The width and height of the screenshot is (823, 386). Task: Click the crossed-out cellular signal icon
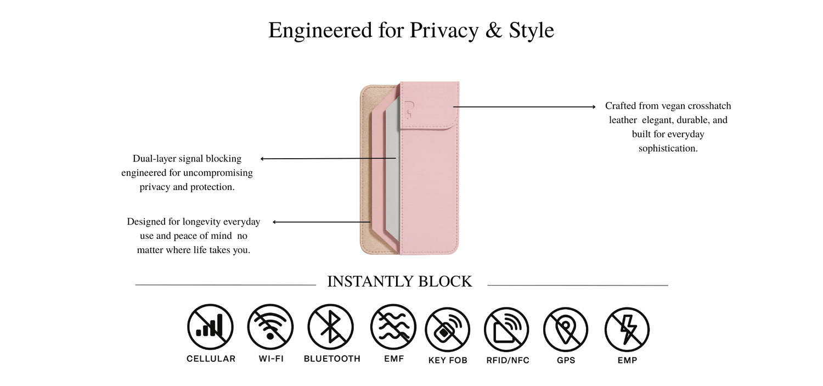210,327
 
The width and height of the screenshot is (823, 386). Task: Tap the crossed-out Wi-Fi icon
270,327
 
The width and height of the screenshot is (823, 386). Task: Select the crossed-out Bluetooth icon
331,327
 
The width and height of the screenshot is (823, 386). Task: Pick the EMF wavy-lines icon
393,327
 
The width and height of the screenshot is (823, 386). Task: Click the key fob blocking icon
448,329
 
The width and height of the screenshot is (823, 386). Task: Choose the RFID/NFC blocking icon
506,329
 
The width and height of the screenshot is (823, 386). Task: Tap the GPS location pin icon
566,329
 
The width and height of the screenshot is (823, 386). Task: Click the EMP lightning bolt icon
627,329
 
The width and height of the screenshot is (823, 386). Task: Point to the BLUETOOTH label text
332,359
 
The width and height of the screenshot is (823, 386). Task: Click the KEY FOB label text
448,360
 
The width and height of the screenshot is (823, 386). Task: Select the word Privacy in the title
444,31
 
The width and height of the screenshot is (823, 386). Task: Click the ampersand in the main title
494,30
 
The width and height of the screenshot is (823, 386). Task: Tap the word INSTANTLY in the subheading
370,282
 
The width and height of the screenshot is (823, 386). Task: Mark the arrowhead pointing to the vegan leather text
594,107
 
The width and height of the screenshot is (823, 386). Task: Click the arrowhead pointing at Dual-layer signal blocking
262,159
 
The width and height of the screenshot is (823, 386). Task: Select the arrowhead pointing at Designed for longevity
275,222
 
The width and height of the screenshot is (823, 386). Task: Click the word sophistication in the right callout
668,148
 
